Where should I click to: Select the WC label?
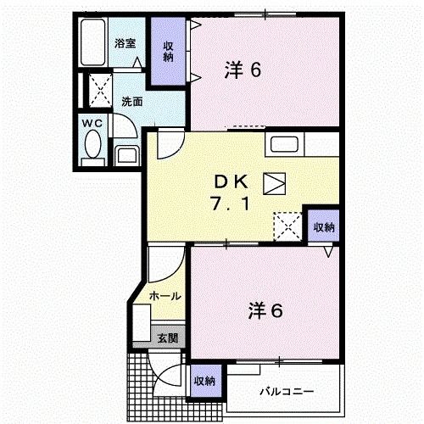pos(92,124)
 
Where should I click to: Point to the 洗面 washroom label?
pos(131,102)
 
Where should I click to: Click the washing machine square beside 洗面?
pos(99,88)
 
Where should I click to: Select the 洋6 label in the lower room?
pos(265,310)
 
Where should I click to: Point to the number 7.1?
pos(227,206)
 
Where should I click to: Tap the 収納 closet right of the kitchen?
pos(323,227)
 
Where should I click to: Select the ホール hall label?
pos(165,296)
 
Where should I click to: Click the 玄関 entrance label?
pos(166,338)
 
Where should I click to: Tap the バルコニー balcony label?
pos(287,393)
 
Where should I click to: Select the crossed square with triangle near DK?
pos(276,182)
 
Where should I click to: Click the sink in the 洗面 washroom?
pos(127,155)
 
